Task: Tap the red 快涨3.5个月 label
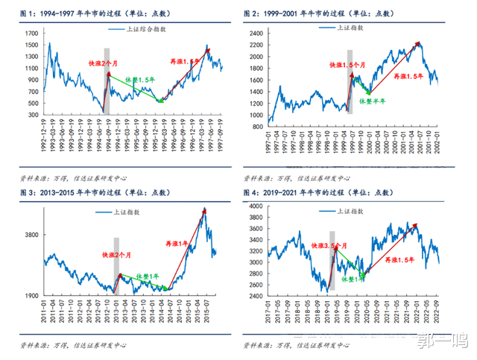[329, 245]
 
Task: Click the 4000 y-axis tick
[255, 206]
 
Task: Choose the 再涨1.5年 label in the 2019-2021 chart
[401, 261]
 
